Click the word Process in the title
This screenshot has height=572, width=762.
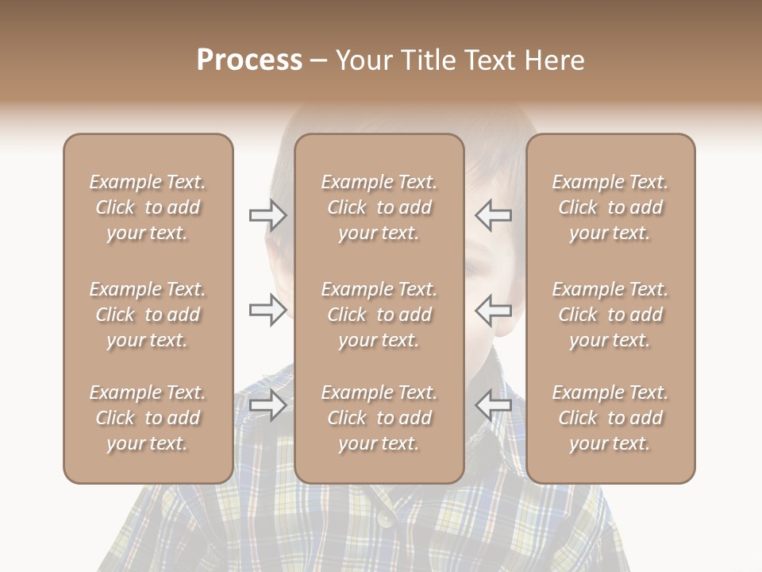point(249,60)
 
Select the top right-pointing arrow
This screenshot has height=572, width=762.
point(268,215)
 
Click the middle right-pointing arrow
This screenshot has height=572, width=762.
point(268,310)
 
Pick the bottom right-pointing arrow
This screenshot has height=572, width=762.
point(268,405)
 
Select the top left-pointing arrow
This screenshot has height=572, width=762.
point(494,215)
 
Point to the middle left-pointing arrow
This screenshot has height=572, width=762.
point(494,310)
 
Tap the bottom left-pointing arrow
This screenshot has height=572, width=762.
point(494,405)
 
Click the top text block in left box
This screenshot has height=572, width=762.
point(148,207)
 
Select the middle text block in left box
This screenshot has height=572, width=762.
point(148,315)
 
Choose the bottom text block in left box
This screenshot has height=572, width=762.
point(148,418)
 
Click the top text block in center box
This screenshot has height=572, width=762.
point(379,207)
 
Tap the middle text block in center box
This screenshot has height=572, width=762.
point(379,315)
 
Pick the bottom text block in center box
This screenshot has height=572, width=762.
point(379,418)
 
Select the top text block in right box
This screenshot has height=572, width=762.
point(610,207)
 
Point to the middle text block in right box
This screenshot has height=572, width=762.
point(610,315)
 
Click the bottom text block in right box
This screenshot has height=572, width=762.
point(610,418)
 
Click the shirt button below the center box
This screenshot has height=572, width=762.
point(387,519)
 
